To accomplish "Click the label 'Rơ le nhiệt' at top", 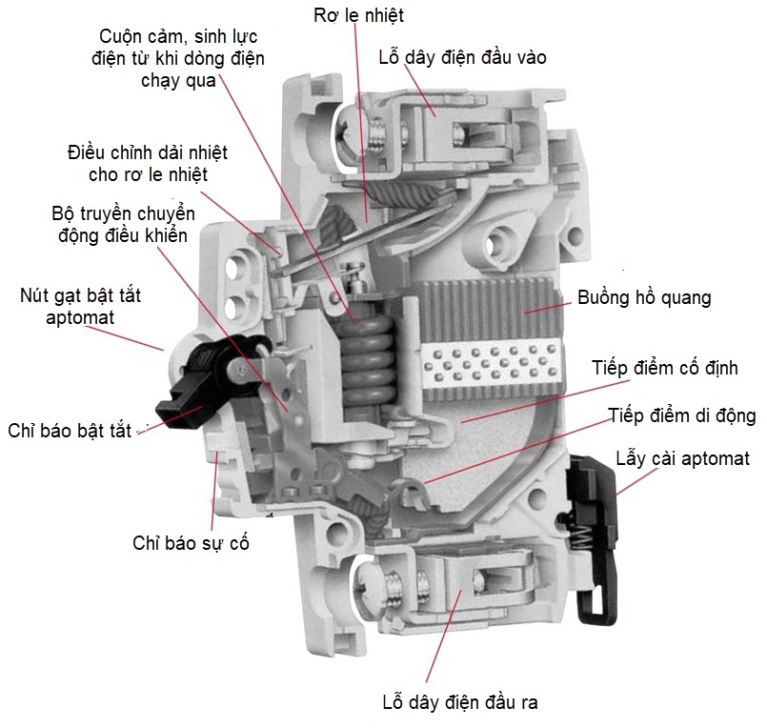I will (x=360, y=15).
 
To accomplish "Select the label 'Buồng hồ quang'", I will (x=644, y=297).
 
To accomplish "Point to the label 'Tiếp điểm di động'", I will (x=681, y=415).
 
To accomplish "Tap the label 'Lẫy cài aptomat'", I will (x=682, y=458).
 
